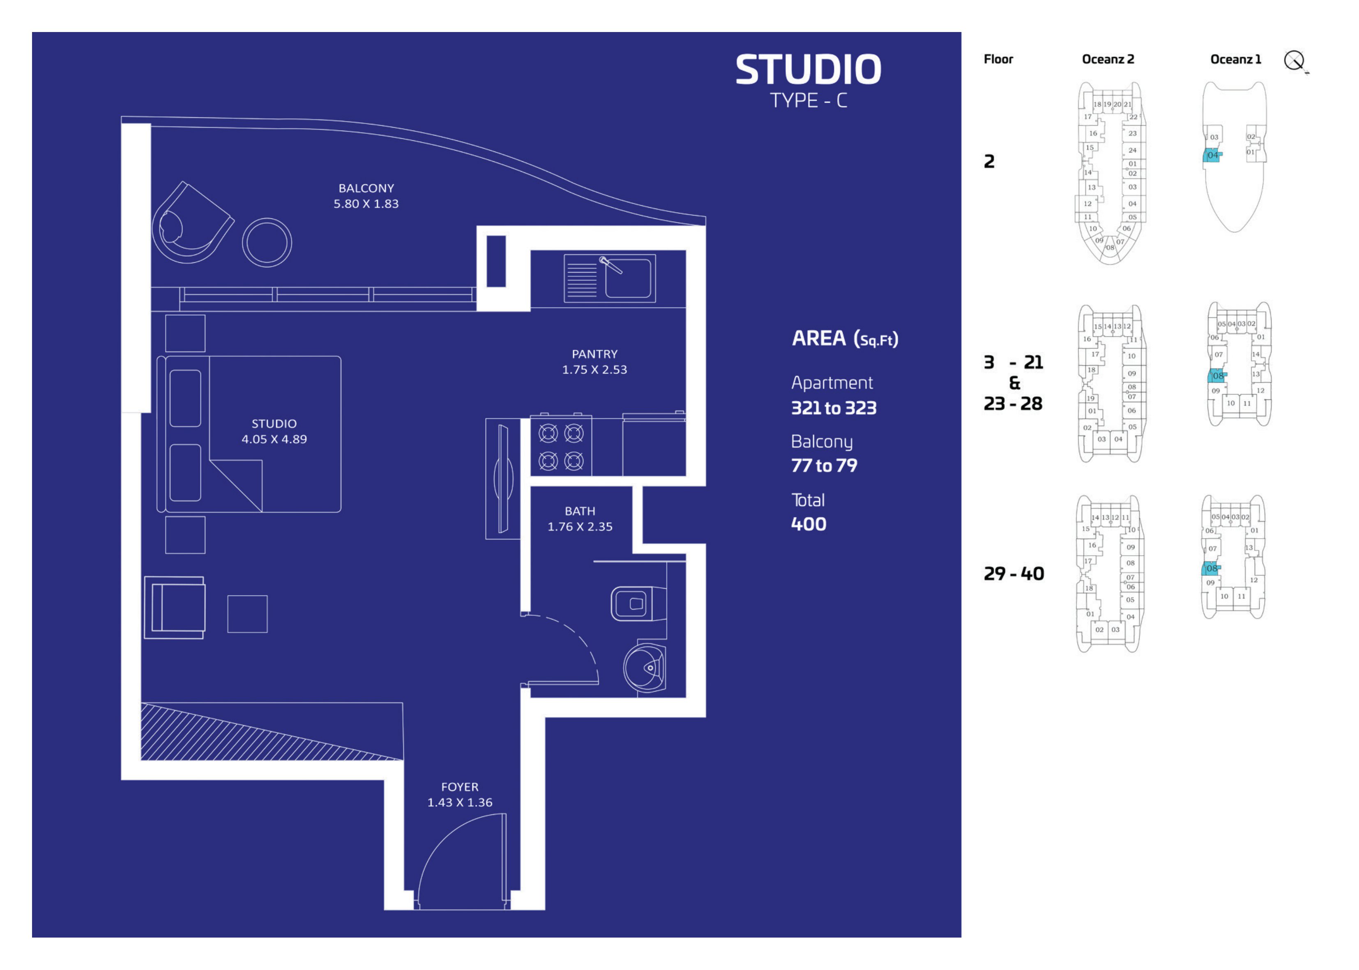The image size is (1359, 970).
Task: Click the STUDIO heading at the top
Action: (x=808, y=69)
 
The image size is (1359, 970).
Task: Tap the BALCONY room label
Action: (x=366, y=188)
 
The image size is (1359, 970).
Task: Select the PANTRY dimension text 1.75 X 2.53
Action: (x=594, y=370)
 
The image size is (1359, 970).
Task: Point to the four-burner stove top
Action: (x=561, y=446)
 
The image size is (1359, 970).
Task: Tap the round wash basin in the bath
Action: (x=645, y=667)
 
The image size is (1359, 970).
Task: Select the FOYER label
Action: (x=460, y=787)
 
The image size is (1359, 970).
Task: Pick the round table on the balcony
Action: (x=267, y=243)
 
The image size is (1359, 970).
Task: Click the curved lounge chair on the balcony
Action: (x=191, y=224)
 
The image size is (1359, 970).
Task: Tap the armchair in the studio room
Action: (x=175, y=608)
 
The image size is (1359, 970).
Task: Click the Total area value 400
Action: (x=808, y=525)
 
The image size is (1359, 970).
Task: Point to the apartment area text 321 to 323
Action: (x=834, y=408)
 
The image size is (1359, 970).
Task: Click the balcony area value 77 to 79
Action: (x=824, y=466)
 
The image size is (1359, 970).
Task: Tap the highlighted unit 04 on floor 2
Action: (x=1212, y=155)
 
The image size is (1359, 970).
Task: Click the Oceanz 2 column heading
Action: (x=1108, y=59)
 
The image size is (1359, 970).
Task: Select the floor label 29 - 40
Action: (x=1014, y=574)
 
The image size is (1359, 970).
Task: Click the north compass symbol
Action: (x=1295, y=61)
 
